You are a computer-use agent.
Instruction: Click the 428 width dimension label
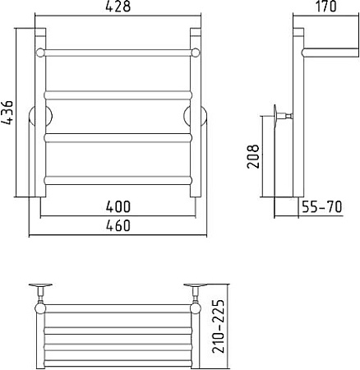(118, 7)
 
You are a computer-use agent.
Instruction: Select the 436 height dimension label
(7, 113)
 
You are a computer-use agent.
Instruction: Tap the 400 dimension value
(118, 206)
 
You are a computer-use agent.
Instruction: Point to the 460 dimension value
(118, 225)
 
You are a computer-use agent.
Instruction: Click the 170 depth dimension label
(326, 7)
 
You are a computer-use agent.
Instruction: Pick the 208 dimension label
(253, 156)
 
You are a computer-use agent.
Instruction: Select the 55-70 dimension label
(322, 207)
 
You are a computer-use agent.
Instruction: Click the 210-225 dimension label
(219, 326)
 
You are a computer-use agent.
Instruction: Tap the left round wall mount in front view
(40, 116)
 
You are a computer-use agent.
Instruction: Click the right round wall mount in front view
(195, 116)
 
